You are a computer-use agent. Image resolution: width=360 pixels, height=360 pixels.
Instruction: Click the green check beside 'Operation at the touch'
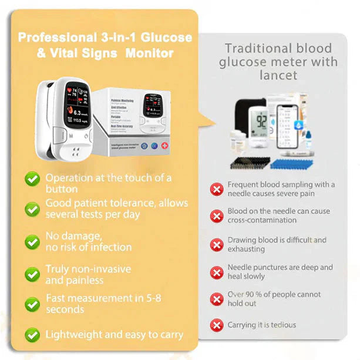[x=32, y=179]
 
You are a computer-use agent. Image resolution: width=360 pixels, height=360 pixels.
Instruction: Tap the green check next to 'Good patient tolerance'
[x=32, y=208]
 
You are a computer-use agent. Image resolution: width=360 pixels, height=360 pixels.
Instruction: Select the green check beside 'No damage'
[x=32, y=241]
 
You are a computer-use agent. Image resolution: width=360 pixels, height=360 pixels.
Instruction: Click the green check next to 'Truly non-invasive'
[x=32, y=274]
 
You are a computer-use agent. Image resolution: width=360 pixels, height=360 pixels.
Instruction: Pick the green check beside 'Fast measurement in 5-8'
[x=32, y=304]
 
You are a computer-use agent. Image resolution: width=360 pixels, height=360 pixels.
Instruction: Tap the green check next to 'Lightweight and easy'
[x=32, y=335]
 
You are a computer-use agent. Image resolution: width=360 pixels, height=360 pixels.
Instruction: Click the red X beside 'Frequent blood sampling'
[x=217, y=189]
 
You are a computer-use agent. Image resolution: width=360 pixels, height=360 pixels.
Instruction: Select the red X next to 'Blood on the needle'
[x=217, y=216]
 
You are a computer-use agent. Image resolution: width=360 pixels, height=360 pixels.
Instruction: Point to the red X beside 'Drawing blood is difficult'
[x=217, y=244]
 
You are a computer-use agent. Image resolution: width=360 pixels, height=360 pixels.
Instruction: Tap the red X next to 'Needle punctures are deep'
[x=217, y=272]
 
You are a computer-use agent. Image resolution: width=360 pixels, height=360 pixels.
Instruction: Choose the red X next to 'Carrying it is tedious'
[x=217, y=325]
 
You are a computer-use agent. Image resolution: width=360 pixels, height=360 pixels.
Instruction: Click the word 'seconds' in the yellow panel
[x=66, y=309]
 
